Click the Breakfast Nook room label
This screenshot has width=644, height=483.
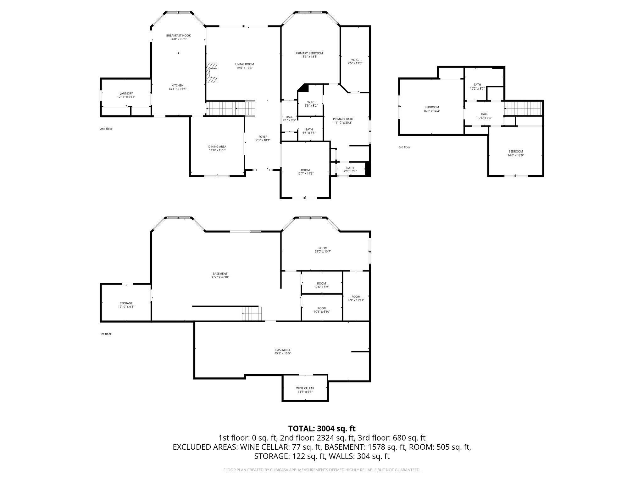(x=178, y=36)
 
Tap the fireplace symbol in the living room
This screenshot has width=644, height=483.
(x=212, y=73)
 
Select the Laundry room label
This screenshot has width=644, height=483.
(x=126, y=93)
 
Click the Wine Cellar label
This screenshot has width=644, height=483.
(x=305, y=388)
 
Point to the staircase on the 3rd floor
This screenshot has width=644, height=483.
(x=524, y=108)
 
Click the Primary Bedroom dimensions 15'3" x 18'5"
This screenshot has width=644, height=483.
(x=309, y=57)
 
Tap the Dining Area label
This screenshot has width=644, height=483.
(x=217, y=147)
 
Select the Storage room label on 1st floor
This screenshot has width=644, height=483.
(x=126, y=303)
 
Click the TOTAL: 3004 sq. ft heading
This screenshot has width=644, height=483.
(x=322, y=428)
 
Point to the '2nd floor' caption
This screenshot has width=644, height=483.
(x=106, y=129)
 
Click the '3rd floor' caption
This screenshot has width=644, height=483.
(x=404, y=147)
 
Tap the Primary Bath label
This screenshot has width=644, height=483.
(x=343, y=119)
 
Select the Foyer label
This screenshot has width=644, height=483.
(x=263, y=137)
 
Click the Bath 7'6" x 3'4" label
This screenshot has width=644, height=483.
(x=350, y=168)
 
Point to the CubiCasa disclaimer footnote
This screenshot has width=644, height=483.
(x=322, y=470)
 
